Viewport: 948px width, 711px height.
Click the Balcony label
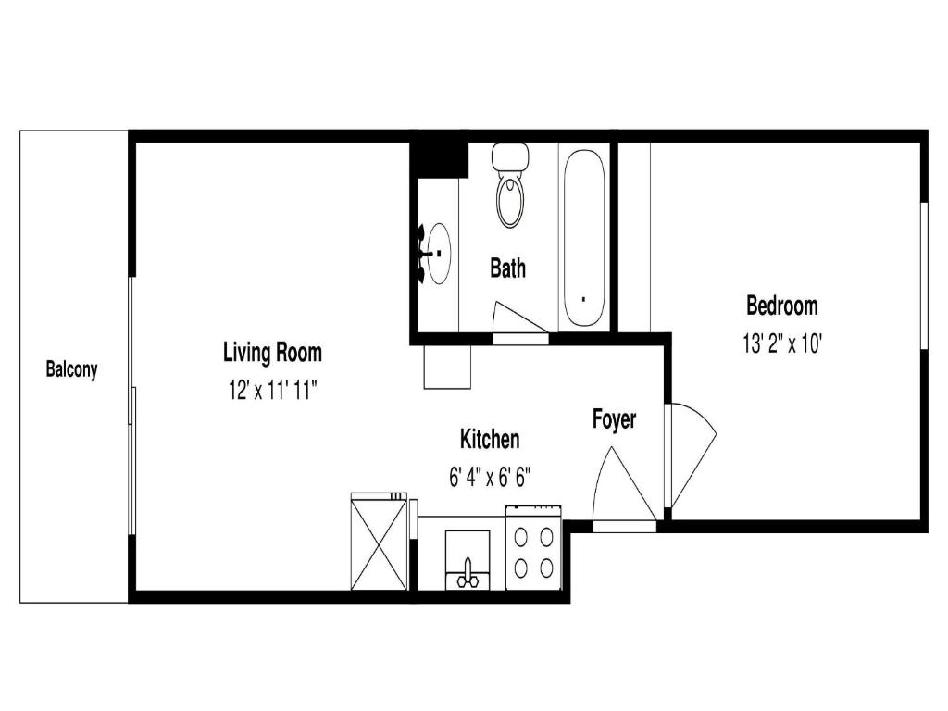pos(71,368)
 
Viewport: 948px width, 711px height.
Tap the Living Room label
pos(273,353)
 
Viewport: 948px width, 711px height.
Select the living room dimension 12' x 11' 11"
pos(273,392)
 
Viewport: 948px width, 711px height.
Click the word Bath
pos(508,268)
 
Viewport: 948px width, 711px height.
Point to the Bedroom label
pos(781,306)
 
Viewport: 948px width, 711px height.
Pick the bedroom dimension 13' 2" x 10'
pos(782,344)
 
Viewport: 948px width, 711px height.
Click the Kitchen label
pos(490,439)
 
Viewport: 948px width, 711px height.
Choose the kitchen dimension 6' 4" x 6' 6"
pos(490,478)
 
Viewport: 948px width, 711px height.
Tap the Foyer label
pos(615,419)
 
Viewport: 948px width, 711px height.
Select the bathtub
pos(583,237)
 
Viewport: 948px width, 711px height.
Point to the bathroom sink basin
pos(439,254)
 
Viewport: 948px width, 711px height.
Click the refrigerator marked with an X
pos(380,542)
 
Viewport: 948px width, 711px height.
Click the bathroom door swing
pos(520,318)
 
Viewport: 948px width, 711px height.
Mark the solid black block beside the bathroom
pos(439,159)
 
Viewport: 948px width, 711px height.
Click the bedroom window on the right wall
pos(924,276)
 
